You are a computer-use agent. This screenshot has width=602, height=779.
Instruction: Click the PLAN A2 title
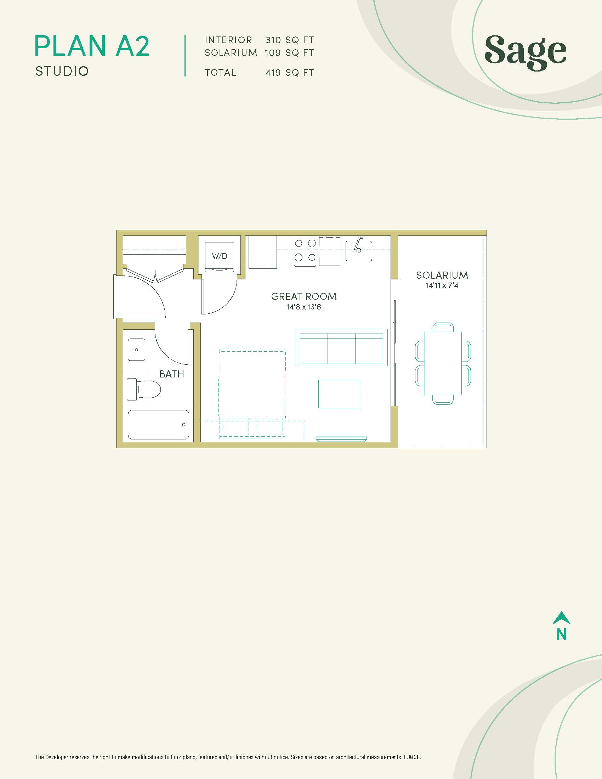92,46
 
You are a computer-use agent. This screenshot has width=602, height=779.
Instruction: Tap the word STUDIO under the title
62,71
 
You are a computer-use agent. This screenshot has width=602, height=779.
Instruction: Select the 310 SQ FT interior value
290,40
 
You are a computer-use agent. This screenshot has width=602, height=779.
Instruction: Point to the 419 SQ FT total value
290,73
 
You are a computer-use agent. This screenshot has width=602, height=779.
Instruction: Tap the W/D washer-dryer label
219,256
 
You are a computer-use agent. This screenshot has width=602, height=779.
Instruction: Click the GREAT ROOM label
304,296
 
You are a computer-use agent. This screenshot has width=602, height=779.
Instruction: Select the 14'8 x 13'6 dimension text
304,307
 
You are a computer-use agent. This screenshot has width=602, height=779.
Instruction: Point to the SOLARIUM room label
442,275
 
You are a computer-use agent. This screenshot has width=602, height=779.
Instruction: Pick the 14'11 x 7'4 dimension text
442,285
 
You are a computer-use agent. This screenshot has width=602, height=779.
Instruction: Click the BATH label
171,374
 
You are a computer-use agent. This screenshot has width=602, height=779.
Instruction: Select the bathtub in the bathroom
158,425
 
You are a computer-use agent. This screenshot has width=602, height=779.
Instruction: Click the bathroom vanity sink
137,350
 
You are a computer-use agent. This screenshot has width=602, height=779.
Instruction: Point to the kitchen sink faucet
358,244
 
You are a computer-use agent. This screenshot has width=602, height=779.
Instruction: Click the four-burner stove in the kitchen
305,251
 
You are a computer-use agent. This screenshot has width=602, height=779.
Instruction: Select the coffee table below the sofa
340,394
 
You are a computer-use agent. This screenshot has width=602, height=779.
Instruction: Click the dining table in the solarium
443,363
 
